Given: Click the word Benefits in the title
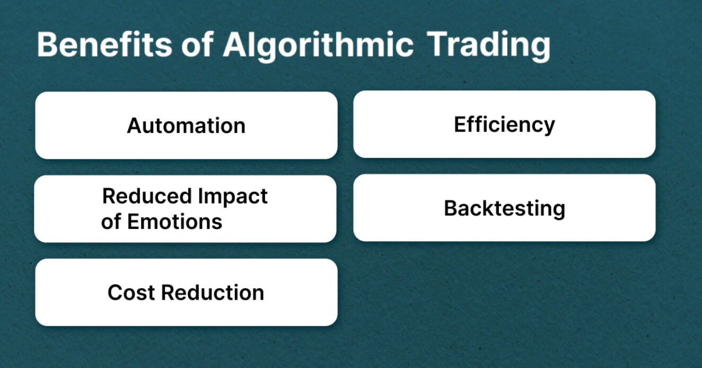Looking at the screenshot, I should pyautogui.click(x=104, y=45).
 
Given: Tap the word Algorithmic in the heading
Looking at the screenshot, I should pyautogui.click(x=318, y=45).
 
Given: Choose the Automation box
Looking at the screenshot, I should pyautogui.click(x=186, y=126).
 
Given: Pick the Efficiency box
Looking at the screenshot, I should pyautogui.click(x=504, y=125).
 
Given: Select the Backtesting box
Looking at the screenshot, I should pyautogui.click(x=504, y=208).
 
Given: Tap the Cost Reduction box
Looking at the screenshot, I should pyautogui.click(x=186, y=292).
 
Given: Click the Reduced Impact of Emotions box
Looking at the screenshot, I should pyautogui.click(x=185, y=209).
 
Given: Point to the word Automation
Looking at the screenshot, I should pyautogui.click(x=186, y=126).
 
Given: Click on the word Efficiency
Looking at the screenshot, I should pyautogui.click(x=504, y=125).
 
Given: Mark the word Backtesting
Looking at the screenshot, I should pyautogui.click(x=504, y=208).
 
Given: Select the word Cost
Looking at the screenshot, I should pyautogui.click(x=131, y=292).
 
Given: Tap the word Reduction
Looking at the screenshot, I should pyautogui.click(x=213, y=292).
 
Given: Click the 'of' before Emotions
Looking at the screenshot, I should pyautogui.click(x=111, y=221).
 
